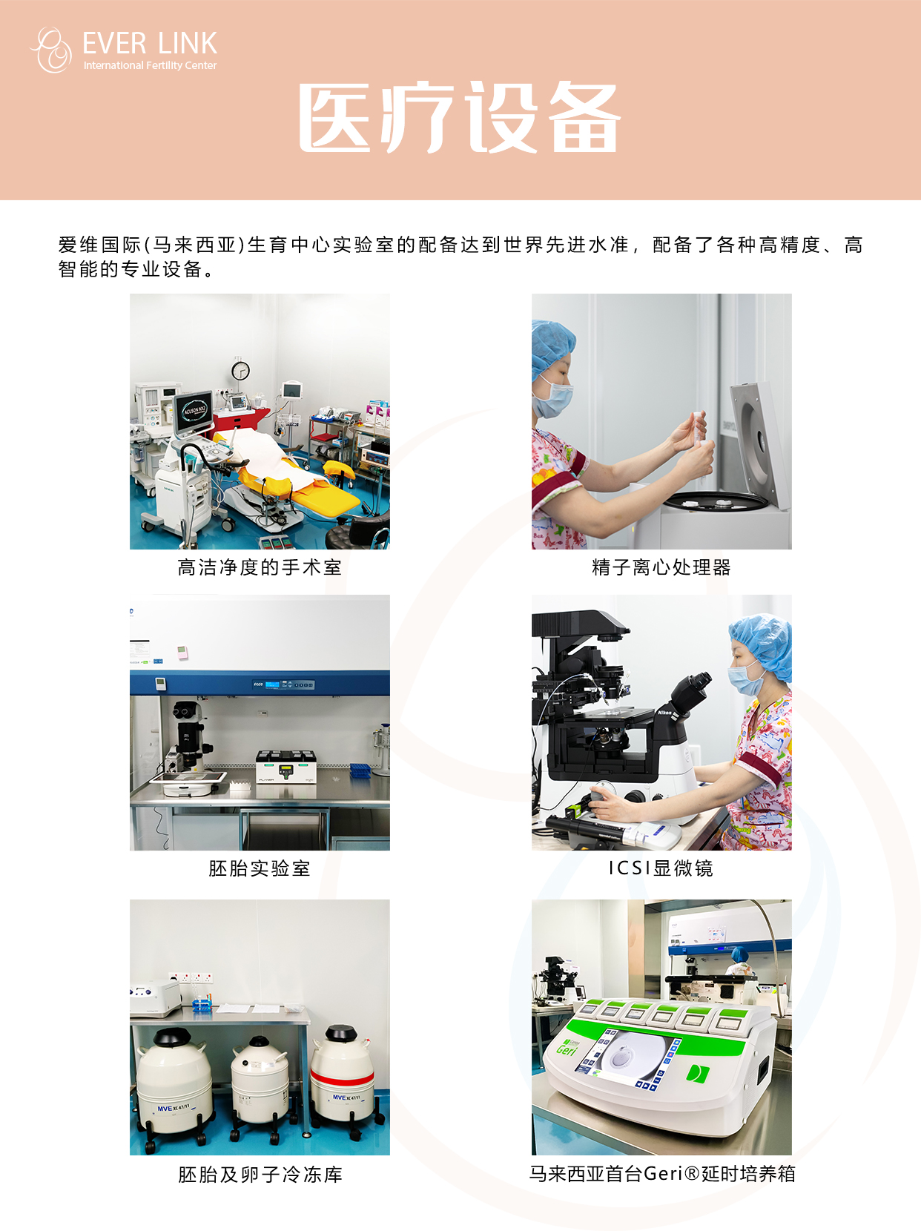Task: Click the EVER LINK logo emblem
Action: [52, 50]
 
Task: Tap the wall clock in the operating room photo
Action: [240, 370]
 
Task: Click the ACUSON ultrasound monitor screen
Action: [194, 412]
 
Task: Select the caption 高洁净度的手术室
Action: [260, 567]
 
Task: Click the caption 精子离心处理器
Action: [661, 567]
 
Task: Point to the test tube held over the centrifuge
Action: [698, 429]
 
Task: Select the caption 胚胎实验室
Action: [260, 868]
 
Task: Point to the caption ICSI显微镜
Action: [661, 868]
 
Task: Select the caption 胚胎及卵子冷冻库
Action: [260, 1175]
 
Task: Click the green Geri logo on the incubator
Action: [566, 1046]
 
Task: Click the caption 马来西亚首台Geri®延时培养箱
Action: [662, 1174]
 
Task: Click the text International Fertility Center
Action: [150, 65]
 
